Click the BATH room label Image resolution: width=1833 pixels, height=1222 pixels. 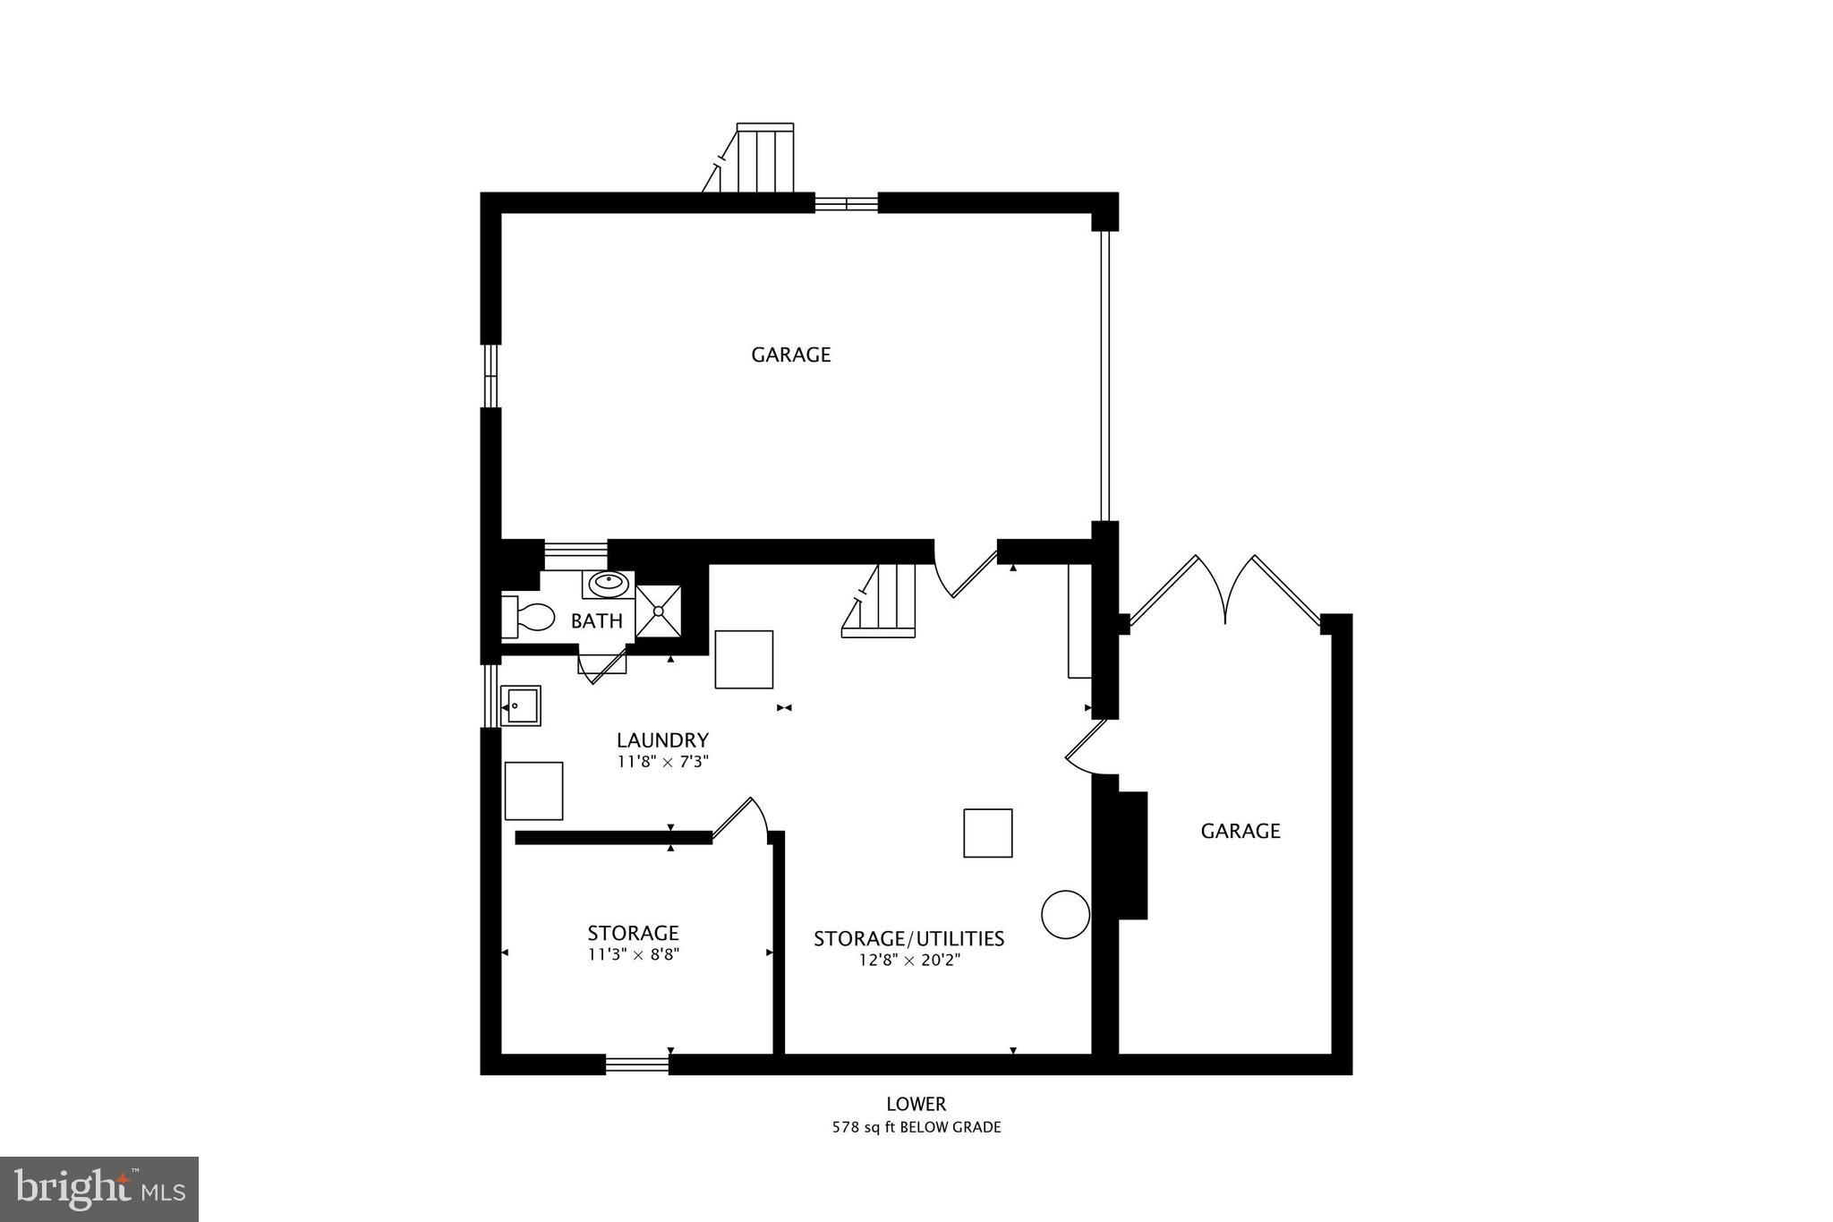point(596,620)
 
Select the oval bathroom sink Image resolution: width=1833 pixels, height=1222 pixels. point(609,583)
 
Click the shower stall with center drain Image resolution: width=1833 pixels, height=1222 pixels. point(658,611)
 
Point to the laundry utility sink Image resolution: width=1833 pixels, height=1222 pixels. point(520,705)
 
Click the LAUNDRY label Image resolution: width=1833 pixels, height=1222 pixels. point(662,740)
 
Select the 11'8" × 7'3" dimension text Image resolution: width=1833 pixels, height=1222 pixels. point(662,762)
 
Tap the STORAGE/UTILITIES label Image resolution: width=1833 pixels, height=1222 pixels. point(908,938)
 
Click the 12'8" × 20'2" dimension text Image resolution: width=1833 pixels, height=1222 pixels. point(908,961)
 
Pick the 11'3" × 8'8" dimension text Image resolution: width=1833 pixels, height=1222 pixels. point(634,954)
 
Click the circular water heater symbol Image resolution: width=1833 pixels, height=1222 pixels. point(1065,914)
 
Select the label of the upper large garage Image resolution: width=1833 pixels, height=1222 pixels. point(791,355)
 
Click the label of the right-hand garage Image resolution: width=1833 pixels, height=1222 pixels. point(1240,831)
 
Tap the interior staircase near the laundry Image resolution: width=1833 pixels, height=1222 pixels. point(882,601)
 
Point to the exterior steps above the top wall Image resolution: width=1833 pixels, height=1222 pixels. point(761,159)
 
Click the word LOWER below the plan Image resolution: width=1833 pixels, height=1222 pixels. point(916,1104)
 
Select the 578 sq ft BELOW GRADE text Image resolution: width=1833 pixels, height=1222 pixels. point(916,1127)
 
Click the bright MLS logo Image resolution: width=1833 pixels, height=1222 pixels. point(99,1189)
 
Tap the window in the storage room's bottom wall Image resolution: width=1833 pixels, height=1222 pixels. point(637,1064)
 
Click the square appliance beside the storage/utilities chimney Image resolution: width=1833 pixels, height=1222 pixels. point(987,833)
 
